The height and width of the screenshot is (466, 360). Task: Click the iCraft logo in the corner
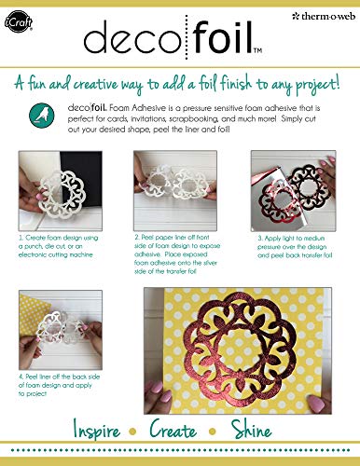[x=20, y=18]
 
